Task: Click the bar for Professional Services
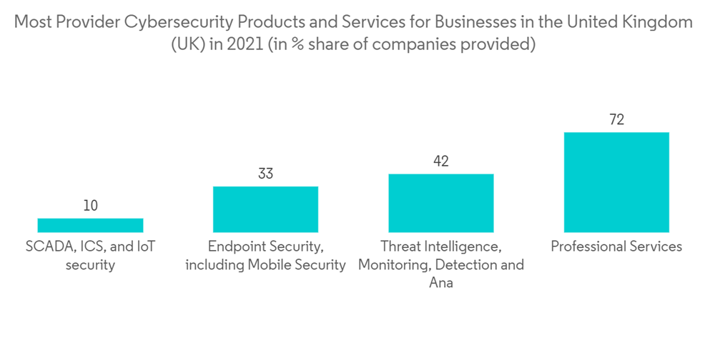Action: pos(616,182)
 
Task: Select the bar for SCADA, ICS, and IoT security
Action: pos(90,225)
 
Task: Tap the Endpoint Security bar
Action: pos(265,209)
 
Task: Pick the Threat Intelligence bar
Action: pos(441,203)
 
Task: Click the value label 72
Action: pos(616,120)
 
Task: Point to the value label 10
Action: pos(90,206)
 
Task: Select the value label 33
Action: pos(265,174)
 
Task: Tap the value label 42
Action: pos(441,161)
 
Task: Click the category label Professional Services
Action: pos(616,247)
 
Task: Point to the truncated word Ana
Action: pos(441,283)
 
